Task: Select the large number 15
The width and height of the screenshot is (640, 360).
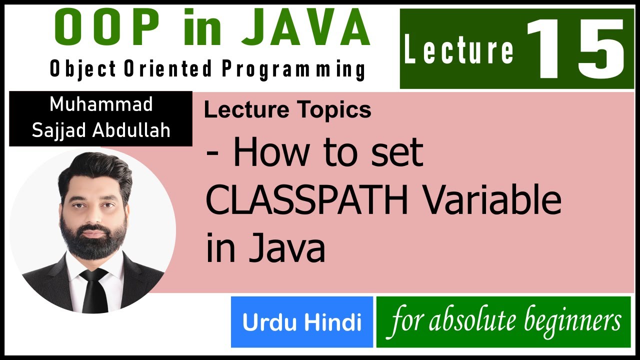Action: click(575, 49)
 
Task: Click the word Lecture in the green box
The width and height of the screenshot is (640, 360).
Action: click(459, 50)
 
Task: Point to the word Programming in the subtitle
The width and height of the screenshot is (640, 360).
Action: click(293, 69)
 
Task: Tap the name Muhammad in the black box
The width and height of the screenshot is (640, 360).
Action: click(101, 105)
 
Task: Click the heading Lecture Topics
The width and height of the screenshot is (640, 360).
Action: click(287, 110)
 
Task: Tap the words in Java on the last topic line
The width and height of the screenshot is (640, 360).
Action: click(265, 248)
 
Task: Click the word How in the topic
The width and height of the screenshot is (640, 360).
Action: click(269, 153)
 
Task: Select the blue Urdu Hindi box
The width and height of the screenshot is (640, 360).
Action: click(302, 322)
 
